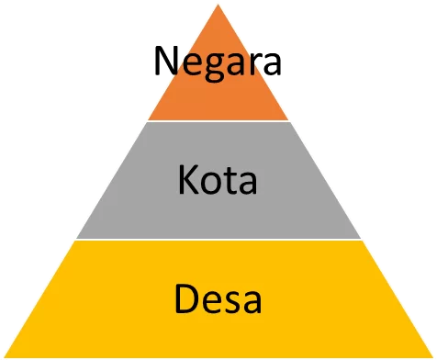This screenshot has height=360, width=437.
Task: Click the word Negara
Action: [218, 63]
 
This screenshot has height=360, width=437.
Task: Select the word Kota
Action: [218, 180]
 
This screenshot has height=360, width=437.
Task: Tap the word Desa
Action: [218, 298]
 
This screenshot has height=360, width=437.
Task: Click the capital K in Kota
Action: [188, 180]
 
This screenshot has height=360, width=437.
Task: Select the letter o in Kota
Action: [211, 183]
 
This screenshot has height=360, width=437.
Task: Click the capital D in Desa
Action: [187, 298]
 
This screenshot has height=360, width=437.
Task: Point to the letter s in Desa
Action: [230, 302]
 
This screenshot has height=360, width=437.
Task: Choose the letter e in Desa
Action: [211, 302]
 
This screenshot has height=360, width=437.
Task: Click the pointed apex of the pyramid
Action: [218, 5]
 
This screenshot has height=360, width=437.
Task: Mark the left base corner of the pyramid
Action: [5, 356]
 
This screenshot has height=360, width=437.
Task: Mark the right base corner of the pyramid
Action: [432, 356]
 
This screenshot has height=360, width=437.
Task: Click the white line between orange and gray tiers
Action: [218, 121]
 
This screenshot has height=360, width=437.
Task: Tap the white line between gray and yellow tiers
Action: [218, 240]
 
